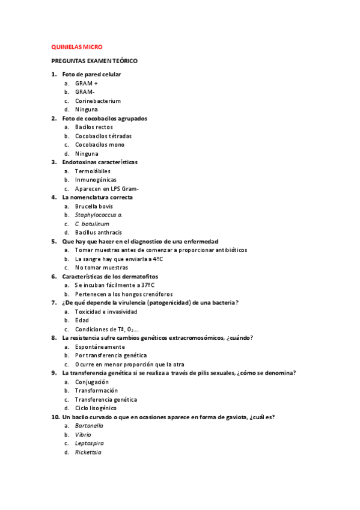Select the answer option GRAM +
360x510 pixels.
pos(86,83)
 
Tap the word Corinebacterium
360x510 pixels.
pos(98,101)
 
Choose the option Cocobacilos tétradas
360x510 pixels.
pos(103,136)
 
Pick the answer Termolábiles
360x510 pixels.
pos(93,171)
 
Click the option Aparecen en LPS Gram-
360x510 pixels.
pos(107,188)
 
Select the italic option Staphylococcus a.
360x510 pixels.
pos(99,215)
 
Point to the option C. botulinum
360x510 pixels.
pos(92,223)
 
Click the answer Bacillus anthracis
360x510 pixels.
pos(99,232)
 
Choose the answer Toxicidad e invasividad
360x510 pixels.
pos(106,312)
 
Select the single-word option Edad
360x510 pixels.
pos(82,320)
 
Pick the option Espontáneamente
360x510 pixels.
pos(100,346)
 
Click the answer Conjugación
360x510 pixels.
pos(92,382)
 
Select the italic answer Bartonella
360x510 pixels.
pos(89,425)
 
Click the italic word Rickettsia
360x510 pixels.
pos(88,452)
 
